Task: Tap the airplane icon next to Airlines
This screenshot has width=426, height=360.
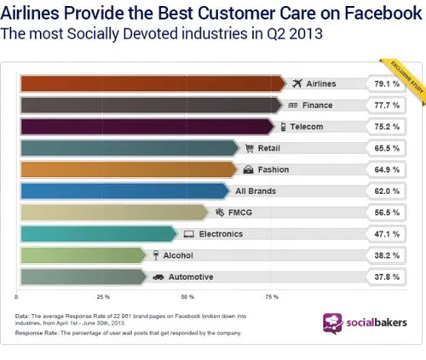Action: point(297,83)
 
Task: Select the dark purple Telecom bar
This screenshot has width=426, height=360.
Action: point(145,126)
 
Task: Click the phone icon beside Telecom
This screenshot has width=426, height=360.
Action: point(282,127)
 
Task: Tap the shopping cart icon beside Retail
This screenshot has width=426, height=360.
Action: point(250,148)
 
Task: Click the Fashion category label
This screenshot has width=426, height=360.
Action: point(273,169)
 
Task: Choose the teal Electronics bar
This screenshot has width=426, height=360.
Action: point(94,232)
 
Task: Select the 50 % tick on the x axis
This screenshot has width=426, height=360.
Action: point(187,297)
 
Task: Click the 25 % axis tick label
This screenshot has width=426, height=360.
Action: point(103,297)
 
